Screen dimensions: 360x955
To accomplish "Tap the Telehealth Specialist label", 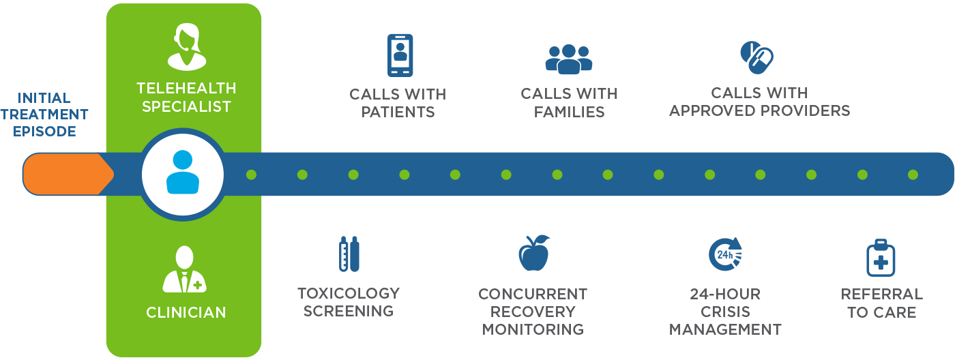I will pyautogui.click(x=186, y=97).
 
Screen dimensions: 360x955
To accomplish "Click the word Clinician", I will pyautogui.click(x=186, y=313).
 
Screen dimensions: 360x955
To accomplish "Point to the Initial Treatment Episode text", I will pyautogui.click(x=44, y=115).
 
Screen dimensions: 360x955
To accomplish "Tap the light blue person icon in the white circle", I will pyautogui.click(x=182, y=173).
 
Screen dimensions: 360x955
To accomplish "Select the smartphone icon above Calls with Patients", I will pyautogui.click(x=400, y=55).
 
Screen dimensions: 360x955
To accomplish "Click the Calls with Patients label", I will pyautogui.click(x=398, y=103).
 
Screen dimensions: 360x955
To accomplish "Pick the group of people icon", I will pyautogui.click(x=569, y=59).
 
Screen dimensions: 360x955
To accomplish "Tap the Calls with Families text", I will pyautogui.click(x=569, y=103).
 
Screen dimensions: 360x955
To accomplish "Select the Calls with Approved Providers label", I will pyautogui.click(x=759, y=102).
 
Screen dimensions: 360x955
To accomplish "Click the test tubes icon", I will pyautogui.click(x=349, y=254).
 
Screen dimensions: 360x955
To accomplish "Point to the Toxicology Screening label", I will pyautogui.click(x=349, y=302).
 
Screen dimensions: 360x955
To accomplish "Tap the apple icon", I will pyautogui.click(x=533, y=254).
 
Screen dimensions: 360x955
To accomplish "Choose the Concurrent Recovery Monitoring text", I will pyautogui.click(x=533, y=312).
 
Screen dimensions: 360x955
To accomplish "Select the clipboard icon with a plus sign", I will pyautogui.click(x=881, y=258).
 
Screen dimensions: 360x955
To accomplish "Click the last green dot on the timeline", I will pyautogui.click(x=913, y=175).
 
